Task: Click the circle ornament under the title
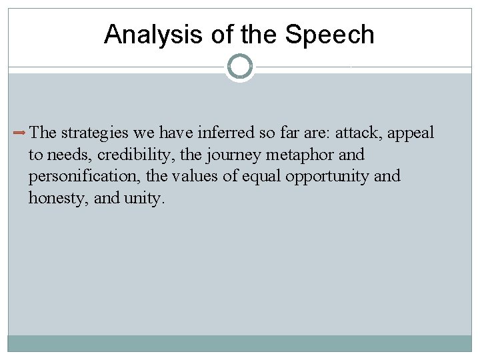pos(240,67)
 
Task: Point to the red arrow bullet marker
pos(20,133)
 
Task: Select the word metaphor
pos(299,155)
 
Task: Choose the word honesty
pos(53,198)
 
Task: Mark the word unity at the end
pos(142,198)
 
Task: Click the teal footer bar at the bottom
pos(240,343)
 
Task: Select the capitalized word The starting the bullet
pos(43,133)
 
